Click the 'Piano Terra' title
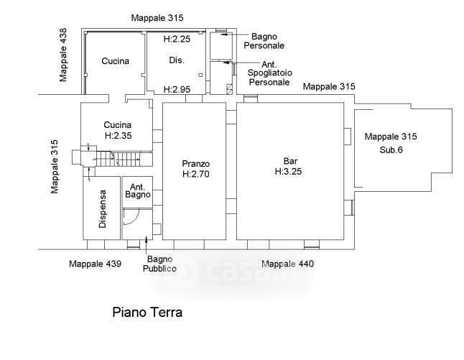tap(147, 313)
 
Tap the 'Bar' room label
tap(290, 161)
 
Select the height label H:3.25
tap(290, 172)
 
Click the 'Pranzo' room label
tap(195, 164)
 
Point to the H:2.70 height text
tap(195, 175)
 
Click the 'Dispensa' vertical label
tap(103, 209)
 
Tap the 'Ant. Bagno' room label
tap(137, 190)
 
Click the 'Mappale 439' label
tap(95, 264)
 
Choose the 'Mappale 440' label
tap(287, 264)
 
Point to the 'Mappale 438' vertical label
tap(64, 55)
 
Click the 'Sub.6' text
tap(391, 150)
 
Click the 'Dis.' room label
tap(177, 61)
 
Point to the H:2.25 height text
tap(177, 39)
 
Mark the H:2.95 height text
tap(177, 90)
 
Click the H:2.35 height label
tap(117, 135)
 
